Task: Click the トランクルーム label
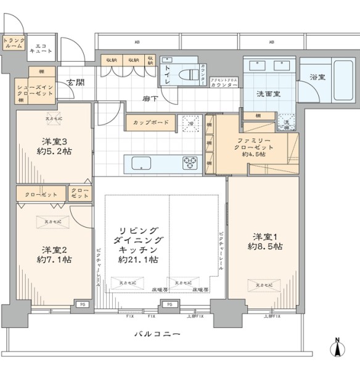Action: (x=13, y=43)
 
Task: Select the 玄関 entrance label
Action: (x=75, y=83)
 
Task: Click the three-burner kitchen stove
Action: (x=190, y=163)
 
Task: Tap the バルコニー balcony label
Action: (x=158, y=334)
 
